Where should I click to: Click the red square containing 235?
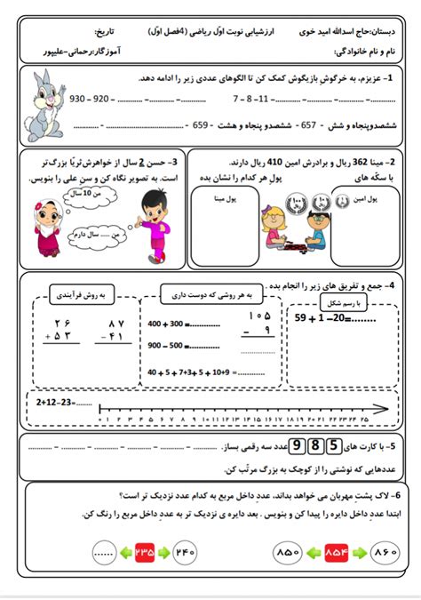(x=145, y=552)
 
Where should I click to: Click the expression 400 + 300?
(x=166, y=323)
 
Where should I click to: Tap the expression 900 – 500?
(x=166, y=345)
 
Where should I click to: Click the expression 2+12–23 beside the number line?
(x=55, y=402)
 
